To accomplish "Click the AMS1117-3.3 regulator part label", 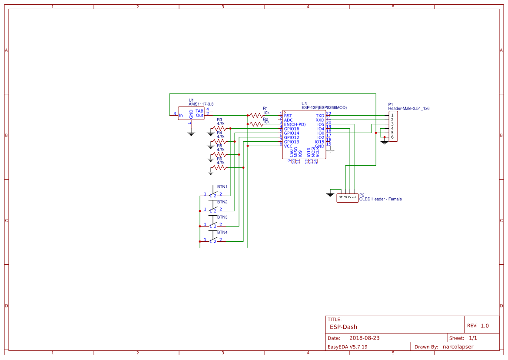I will point(201,104).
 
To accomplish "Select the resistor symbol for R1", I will point(256,116).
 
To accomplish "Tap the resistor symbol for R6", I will point(219,167).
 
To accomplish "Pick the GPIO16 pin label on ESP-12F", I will point(292,129).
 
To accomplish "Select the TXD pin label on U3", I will point(320,116).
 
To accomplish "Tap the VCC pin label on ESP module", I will point(288,146).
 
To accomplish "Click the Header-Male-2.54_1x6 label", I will point(408,108).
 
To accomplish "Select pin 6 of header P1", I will point(392,137).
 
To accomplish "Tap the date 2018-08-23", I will point(365,338).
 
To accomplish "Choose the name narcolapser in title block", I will point(458,347).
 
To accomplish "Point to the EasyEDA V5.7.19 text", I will point(347,347).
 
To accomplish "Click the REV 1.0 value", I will point(485,326).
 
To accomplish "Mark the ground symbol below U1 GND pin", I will point(191,133).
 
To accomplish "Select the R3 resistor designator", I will point(219,120).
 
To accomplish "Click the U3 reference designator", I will point(304,103).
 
